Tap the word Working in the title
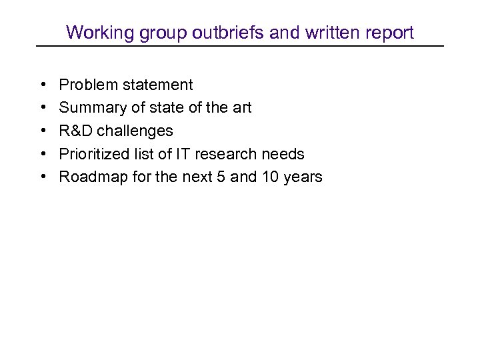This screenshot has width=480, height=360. (94, 32)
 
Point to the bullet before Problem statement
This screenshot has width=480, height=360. (42, 85)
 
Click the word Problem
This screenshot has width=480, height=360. (85, 85)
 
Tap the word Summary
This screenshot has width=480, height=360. (89, 108)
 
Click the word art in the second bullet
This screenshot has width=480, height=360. (241, 108)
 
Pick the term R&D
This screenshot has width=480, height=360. (75, 131)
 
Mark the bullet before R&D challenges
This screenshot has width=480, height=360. (42, 131)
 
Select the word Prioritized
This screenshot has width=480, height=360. (91, 155)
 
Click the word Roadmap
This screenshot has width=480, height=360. (89, 177)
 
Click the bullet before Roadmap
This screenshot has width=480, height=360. (42, 177)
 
